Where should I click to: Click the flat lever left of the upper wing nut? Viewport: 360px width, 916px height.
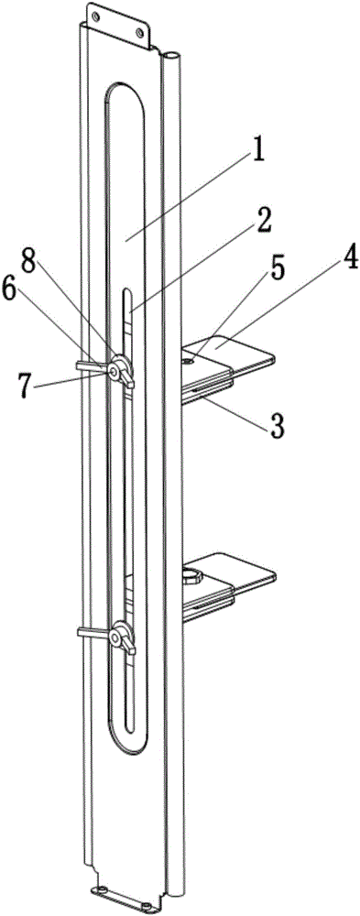click(93, 365)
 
